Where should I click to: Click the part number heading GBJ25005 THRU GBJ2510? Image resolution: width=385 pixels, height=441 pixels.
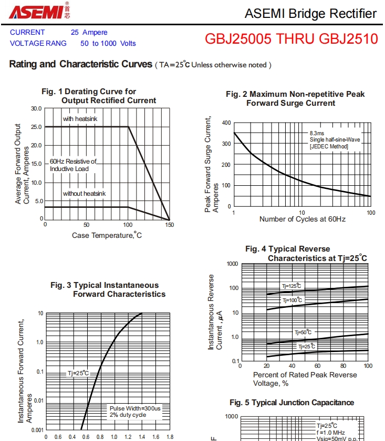291,39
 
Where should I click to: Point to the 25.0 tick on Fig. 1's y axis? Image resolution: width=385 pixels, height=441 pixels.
36,127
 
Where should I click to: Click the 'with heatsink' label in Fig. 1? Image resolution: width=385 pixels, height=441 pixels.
80,119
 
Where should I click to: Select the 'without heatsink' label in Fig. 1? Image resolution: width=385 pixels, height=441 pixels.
84,194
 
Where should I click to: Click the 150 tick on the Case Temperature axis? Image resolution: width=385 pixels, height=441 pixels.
169,224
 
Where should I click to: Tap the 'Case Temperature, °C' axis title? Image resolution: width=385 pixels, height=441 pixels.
107,235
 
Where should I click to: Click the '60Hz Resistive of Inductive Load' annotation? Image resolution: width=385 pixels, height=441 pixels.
73,165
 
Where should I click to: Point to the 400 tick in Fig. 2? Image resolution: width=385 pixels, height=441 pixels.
226,123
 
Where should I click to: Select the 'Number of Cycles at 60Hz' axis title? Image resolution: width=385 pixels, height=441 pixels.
302,218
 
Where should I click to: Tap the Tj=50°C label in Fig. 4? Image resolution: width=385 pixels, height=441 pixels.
303,332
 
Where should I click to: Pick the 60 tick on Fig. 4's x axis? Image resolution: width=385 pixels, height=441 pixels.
317,366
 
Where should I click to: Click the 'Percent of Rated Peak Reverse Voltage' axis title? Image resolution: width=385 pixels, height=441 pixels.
305,379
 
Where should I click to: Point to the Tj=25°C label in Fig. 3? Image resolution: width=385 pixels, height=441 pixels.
78,373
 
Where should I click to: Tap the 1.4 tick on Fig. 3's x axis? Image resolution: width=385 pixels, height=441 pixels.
142,437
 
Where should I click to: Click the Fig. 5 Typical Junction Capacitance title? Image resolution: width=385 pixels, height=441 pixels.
292,403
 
